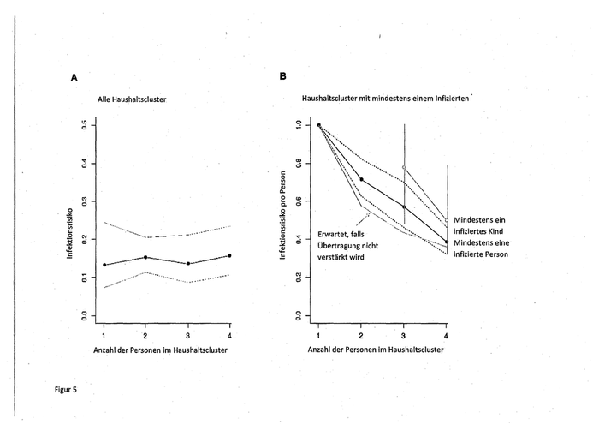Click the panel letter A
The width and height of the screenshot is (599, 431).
coord(75,77)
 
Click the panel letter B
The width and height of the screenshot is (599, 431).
coord(283,76)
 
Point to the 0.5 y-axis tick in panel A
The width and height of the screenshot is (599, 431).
coord(84,125)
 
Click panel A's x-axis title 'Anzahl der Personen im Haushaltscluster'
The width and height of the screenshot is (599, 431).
coord(166,350)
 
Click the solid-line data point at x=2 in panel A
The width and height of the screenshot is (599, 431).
coord(145,257)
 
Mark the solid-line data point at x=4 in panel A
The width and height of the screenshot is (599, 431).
coord(229,255)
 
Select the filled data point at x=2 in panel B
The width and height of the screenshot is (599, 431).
coord(361,179)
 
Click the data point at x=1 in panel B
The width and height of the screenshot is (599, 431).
coord(318,125)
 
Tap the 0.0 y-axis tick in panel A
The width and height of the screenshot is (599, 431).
coord(84,315)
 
